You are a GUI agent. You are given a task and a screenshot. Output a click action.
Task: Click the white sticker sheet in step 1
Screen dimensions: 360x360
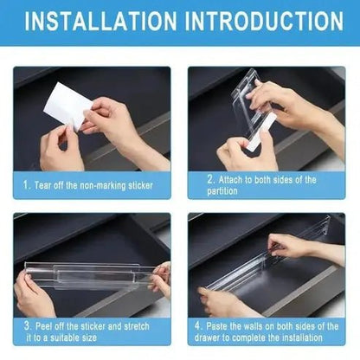(67, 106)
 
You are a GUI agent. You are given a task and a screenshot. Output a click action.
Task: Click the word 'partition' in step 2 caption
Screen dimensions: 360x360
(223, 190)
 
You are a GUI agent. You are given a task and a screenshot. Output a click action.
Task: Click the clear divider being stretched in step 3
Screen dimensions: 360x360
(87, 275)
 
